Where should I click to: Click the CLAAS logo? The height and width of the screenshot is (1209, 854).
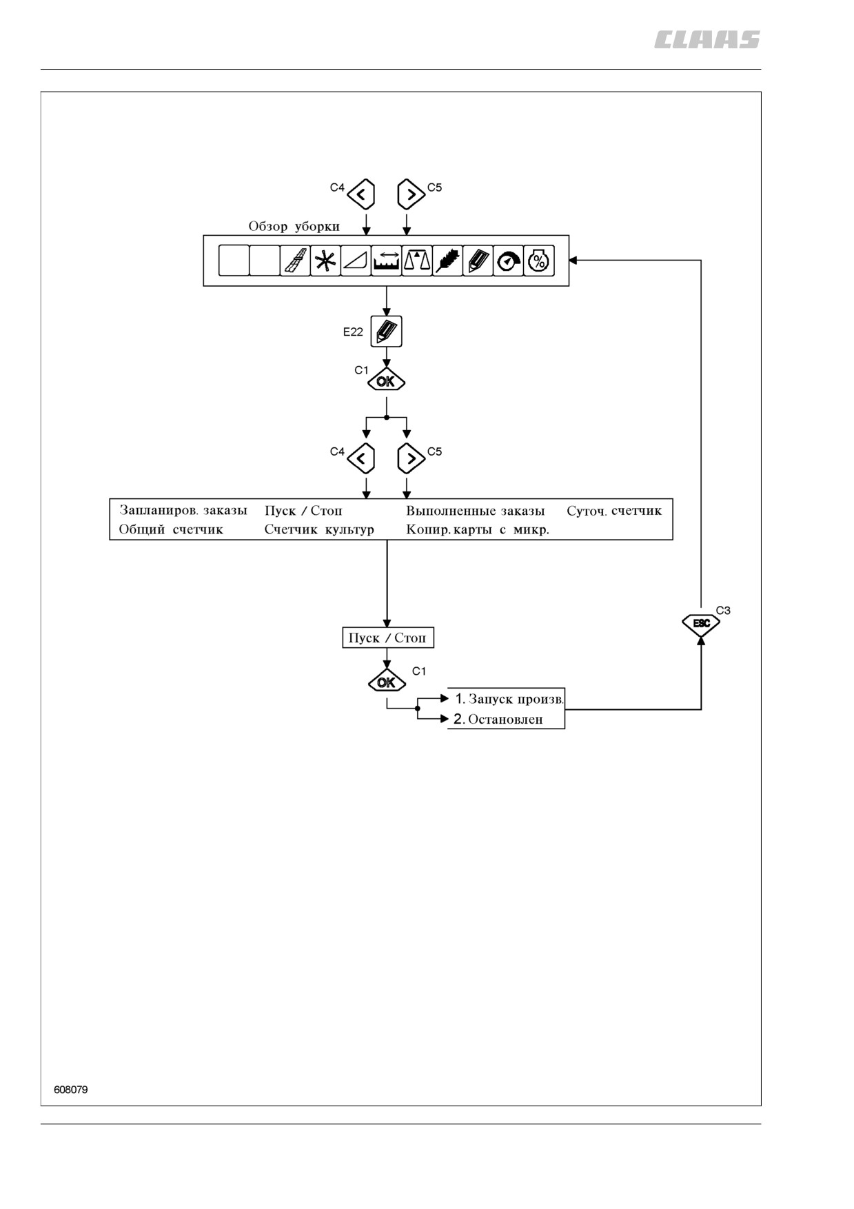pyautogui.click(x=707, y=40)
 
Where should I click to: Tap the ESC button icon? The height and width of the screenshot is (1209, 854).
pyautogui.click(x=701, y=624)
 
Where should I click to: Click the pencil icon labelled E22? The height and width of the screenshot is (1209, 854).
pyautogui.click(x=386, y=332)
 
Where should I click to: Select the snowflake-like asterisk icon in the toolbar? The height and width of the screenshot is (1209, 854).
pyautogui.click(x=325, y=261)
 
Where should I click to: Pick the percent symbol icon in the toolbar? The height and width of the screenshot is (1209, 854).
pyautogui.click(x=539, y=261)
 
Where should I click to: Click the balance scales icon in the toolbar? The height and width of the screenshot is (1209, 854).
pyautogui.click(x=417, y=261)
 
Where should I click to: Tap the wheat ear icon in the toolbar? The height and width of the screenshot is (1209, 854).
pyautogui.click(x=447, y=261)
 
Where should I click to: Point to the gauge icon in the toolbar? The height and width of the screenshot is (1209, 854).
pyautogui.click(x=509, y=261)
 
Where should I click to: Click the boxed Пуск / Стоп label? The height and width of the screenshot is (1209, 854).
pyautogui.click(x=388, y=638)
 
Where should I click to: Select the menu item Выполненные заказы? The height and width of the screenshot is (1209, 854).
pyautogui.click(x=475, y=511)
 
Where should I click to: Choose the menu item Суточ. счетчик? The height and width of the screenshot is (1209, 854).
pyautogui.click(x=614, y=511)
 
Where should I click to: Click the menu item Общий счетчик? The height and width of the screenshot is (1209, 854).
pyautogui.click(x=171, y=529)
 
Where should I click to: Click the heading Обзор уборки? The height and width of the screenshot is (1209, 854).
pyautogui.click(x=294, y=226)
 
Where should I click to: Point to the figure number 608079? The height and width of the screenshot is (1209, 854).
pyautogui.click(x=71, y=1090)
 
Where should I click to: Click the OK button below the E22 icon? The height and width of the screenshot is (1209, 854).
pyautogui.click(x=386, y=381)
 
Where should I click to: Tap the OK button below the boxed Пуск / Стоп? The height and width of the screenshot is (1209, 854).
pyautogui.click(x=387, y=682)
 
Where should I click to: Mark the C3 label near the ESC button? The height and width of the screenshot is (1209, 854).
pyautogui.click(x=723, y=611)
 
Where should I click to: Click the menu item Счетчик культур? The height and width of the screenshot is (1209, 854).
pyautogui.click(x=319, y=529)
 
